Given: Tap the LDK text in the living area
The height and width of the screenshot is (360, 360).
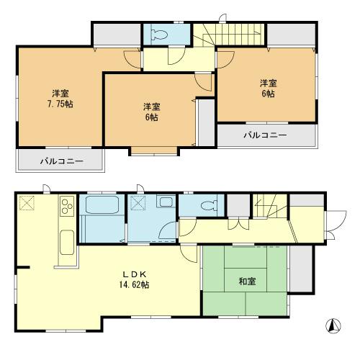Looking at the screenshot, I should click(140, 274).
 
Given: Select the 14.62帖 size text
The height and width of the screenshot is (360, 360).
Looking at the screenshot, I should click(140, 284).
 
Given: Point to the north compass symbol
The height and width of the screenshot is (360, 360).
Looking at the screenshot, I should click(332, 325).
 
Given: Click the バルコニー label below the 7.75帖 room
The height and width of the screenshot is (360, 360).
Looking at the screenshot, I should click(61, 161).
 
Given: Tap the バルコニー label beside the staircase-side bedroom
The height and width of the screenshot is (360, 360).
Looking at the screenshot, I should click(264, 135).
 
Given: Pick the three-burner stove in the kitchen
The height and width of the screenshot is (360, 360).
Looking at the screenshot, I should click(66, 208).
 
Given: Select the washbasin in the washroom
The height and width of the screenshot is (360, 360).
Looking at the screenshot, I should click(165, 203).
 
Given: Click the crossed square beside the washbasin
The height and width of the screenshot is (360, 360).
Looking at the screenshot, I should click(138, 203).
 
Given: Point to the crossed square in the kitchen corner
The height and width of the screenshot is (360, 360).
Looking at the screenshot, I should click(27, 204).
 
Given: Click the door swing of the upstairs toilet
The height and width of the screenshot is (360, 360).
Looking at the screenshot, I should click(174, 60).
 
